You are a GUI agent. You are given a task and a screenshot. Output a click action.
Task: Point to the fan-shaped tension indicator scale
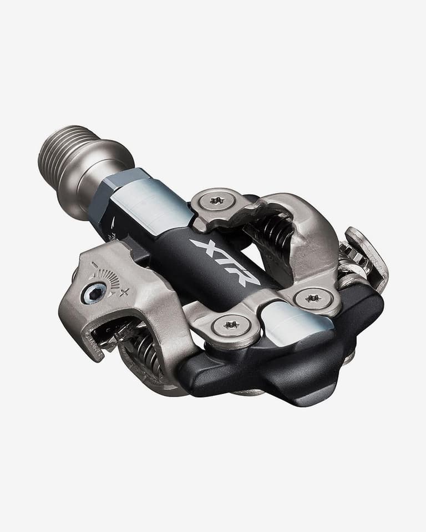click(108, 277)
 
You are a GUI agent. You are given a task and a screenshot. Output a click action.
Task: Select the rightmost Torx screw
click(313, 298)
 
